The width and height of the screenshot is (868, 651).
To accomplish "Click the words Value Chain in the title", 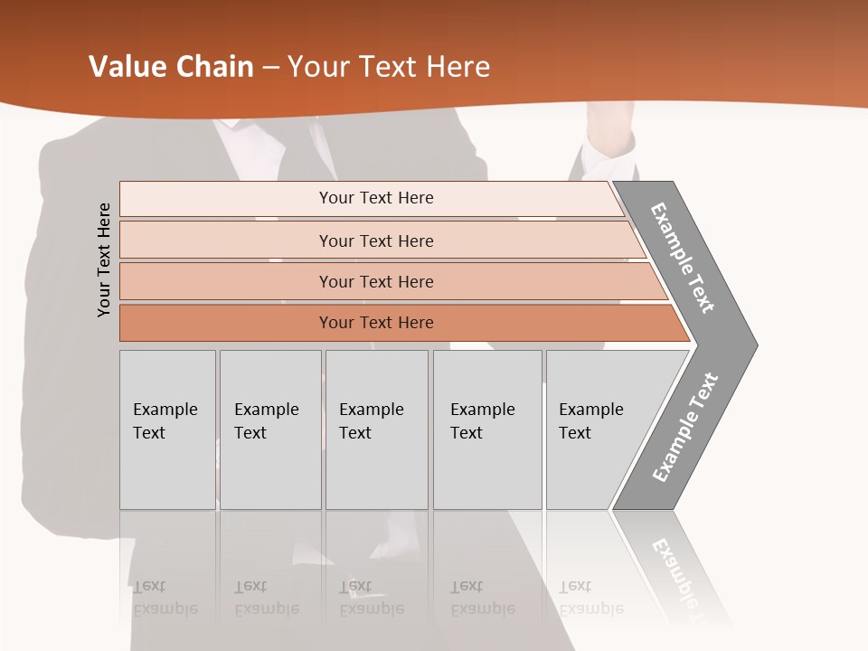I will (x=171, y=67).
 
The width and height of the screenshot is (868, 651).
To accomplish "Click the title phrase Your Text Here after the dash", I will (x=389, y=67).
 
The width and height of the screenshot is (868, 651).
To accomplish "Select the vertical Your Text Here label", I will (x=104, y=259).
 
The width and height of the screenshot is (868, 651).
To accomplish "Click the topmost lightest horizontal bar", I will (x=375, y=198).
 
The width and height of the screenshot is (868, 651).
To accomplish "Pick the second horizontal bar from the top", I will (x=375, y=241).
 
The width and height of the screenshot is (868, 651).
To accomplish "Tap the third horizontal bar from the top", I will (x=375, y=281).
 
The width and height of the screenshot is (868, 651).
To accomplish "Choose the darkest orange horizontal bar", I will (x=375, y=323).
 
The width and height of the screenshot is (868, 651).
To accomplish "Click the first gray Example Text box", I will (x=167, y=429).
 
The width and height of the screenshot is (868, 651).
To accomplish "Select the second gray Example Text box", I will (x=269, y=429).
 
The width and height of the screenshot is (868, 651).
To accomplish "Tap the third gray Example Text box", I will (x=376, y=429).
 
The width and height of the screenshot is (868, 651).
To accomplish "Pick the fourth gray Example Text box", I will (x=486, y=429).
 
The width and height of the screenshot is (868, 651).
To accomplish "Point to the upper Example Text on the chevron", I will (x=683, y=258).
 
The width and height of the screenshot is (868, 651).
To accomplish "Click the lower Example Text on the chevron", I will (x=684, y=428).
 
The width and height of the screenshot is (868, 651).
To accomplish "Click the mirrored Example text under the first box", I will (x=165, y=608).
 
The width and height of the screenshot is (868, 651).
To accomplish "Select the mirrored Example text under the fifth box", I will (x=591, y=608).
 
